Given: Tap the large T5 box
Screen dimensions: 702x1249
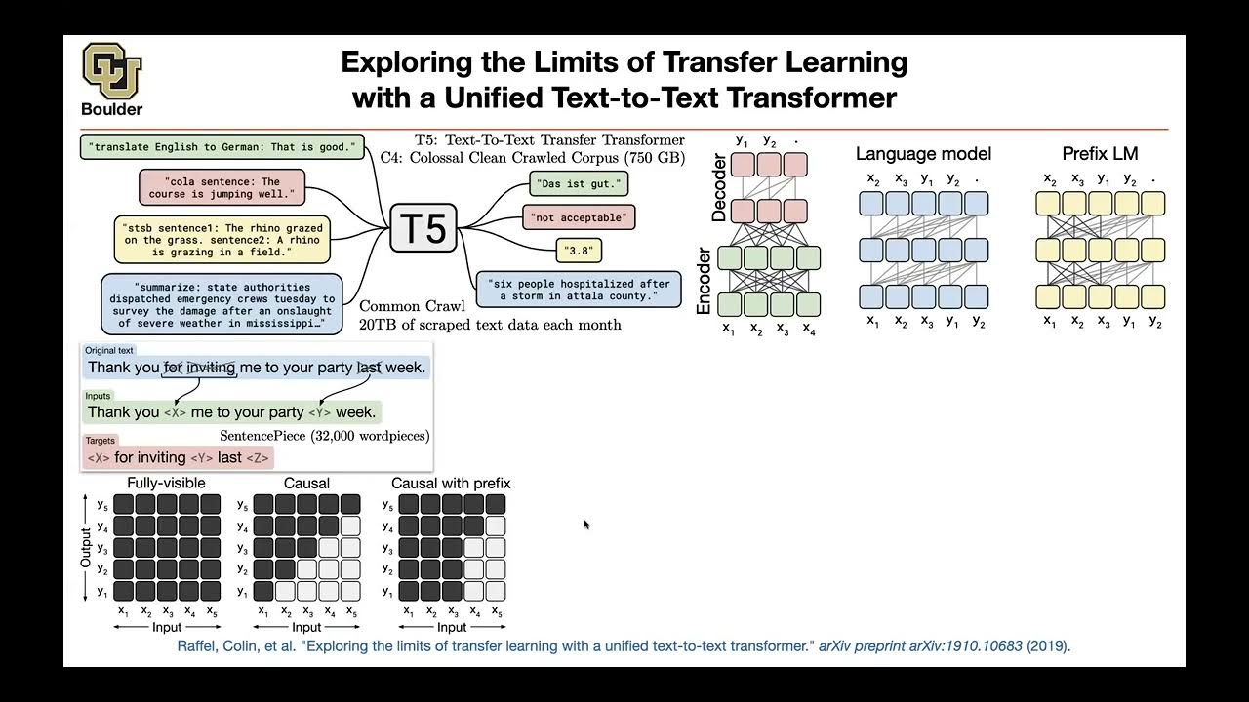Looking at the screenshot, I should (423, 228).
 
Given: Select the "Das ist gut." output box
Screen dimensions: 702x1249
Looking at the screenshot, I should (578, 182).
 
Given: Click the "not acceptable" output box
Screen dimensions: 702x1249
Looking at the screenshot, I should (580, 216).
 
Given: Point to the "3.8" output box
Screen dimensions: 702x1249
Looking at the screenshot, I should (579, 251).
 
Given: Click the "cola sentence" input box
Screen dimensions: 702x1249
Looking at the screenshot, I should (222, 187).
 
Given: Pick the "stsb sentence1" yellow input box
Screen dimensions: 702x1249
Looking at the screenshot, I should (222, 240).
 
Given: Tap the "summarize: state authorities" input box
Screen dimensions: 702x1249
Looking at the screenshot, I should (222, 304).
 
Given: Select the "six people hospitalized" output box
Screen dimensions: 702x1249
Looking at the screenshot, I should (579, 290).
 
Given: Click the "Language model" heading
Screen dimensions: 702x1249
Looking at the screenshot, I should (923, 154).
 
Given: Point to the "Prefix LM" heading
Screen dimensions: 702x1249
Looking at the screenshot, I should (1100, 154).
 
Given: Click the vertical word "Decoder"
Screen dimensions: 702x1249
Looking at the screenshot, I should (720, 187).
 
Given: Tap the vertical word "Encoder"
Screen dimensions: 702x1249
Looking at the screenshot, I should (704, 280).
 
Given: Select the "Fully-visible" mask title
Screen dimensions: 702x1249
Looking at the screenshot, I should (166, 484).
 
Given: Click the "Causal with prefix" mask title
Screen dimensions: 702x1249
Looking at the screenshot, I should (451, 484).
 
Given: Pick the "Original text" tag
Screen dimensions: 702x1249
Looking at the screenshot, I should (109, 350).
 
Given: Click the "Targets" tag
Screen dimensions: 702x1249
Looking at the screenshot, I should (100, 441).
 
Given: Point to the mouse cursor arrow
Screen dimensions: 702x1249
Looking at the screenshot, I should (586, 525).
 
